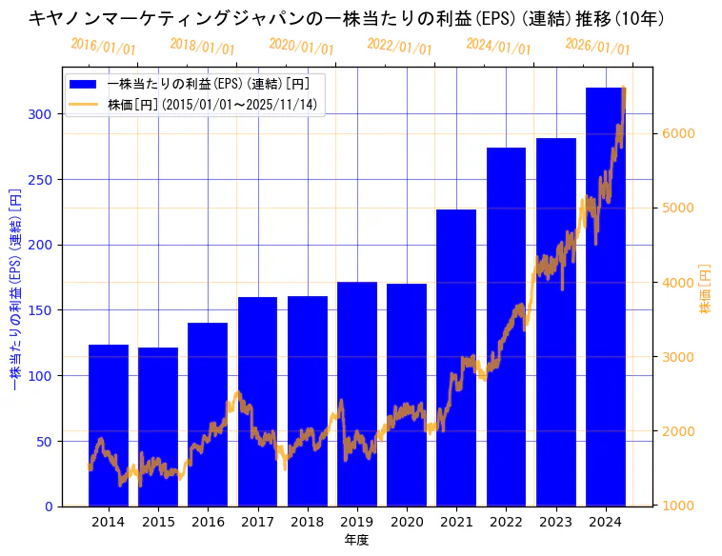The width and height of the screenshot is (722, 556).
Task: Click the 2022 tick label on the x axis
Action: pos(506,522)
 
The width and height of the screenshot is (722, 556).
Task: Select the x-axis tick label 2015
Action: pos(158,522)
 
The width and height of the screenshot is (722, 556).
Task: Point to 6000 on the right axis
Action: pos(677,133)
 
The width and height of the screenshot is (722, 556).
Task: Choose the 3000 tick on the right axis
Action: pos(677,357)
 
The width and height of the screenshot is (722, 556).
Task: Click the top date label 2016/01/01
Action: pos(104,46)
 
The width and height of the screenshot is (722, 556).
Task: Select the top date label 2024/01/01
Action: pos(499,46)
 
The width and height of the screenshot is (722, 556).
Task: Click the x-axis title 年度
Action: pos(356,540)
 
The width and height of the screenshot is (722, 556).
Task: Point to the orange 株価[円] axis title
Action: pos(706,288)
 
